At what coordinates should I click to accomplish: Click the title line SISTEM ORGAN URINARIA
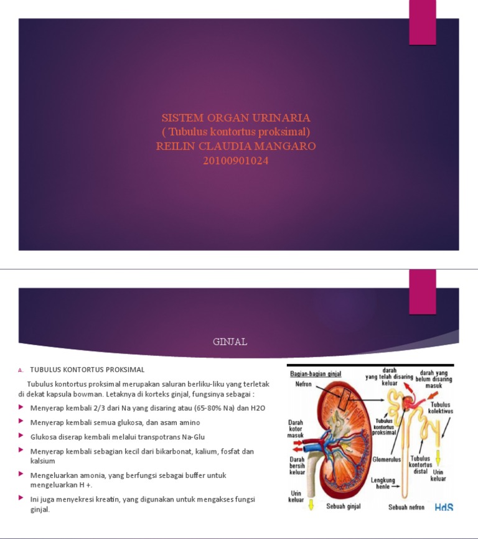click(x=236, y=118)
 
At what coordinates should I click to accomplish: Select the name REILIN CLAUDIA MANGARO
click(x=236, y=146)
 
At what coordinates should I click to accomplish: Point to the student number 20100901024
click(x=236, y=161)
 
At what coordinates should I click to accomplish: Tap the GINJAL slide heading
click(x=230, y=342)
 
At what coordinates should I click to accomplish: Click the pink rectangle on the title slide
click(x=423, y=22)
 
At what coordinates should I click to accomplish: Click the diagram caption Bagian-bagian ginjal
click(x=316, y=373)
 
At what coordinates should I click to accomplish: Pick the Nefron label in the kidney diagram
click(x=304, y=384)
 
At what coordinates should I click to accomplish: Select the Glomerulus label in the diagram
click(x=387, y=459)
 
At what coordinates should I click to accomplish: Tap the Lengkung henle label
click(x=383, y=483)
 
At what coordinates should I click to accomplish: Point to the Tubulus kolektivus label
click(x=441, y=408)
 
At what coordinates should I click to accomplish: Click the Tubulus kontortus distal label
click(x=420, y=465)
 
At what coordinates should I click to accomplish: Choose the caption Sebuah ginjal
click(x=344, y=507)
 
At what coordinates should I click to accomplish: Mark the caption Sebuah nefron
click(x=406, y=507)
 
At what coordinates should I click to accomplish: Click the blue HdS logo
click(x=444, y=507)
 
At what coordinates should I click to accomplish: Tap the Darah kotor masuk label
click(x=296, y=429)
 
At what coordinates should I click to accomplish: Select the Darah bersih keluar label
click(x=297, y=466)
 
